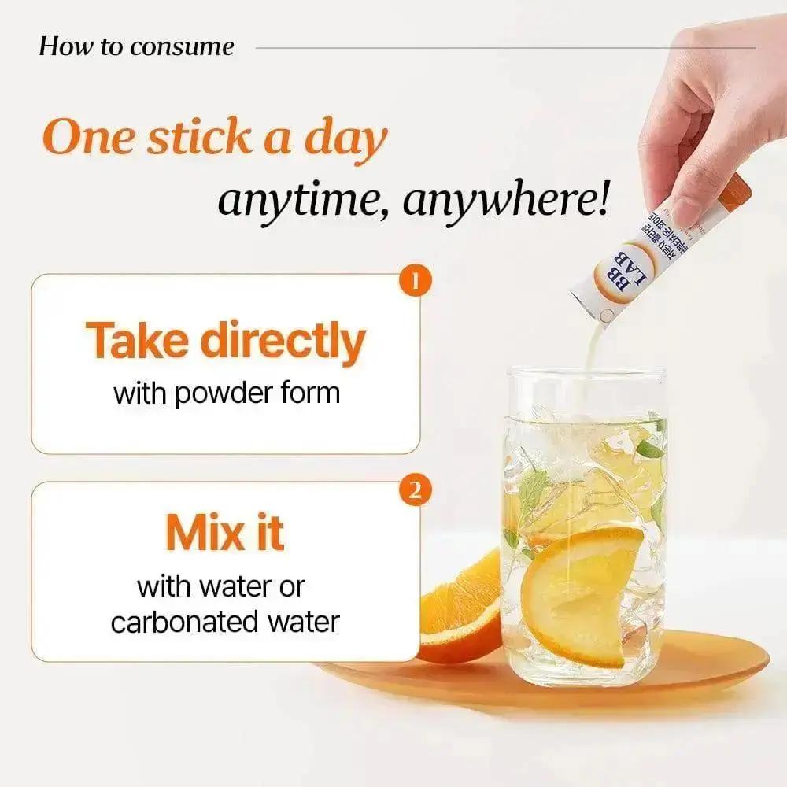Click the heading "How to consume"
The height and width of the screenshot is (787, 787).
click(136, 46)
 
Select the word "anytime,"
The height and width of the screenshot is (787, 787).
click(304, 201)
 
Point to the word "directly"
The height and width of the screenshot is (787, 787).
click(285, 342)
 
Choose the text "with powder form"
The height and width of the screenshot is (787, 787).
click(227, 393)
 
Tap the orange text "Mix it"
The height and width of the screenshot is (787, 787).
click(224, 534)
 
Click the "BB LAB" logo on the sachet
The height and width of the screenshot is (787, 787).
click(616, 268)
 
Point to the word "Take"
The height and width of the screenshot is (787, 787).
click(138, 342)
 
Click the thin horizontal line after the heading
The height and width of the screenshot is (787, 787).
click(504, 47)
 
